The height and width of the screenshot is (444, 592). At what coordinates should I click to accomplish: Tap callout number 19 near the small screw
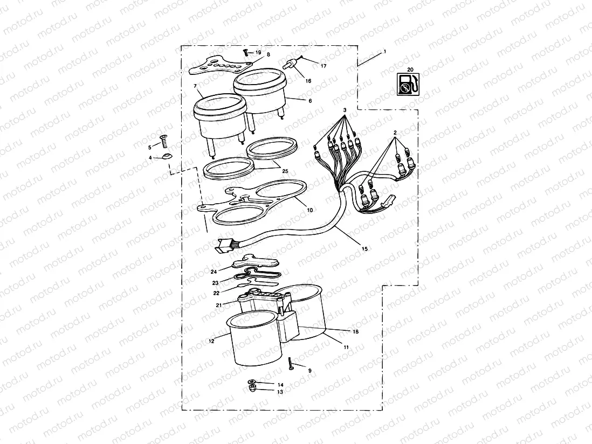(x=258, y=52)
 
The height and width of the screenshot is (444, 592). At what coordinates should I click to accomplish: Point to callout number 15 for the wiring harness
(x=365, y=249)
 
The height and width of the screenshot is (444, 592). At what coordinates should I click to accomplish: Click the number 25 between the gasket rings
(x=285, y=171)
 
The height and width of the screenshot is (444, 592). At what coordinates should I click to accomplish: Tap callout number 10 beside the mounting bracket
(x=309, y=210)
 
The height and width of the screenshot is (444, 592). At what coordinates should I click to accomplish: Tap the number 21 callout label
(x=219, y=305)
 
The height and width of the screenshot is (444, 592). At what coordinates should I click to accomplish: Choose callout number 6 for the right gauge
(x=310, y=101)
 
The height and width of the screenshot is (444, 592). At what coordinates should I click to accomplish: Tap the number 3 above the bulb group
(x=343, y=109)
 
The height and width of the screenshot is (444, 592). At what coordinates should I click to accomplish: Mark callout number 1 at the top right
(x=385, y=52)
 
